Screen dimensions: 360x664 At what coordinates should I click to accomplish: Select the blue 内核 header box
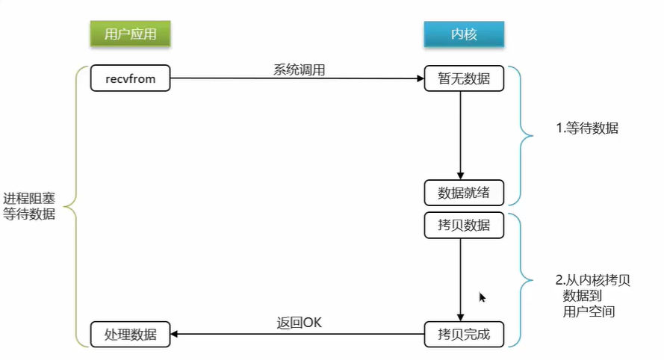pyautogui.click(x=464, y=34)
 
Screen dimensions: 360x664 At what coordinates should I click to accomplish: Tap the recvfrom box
pyautogui.click(x=130, y=78)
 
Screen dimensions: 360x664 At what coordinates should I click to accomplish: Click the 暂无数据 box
pyautogui.click(x=464, y=78)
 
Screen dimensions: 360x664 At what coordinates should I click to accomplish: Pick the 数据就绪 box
pyautogui.click(x=464, y=192)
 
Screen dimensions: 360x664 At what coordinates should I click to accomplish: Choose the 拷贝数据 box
pyautogui.click(x=464, y=225)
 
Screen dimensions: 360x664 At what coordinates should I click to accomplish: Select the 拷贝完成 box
pyautogui.click(x=464, y=334)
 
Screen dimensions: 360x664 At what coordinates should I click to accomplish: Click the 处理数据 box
pyautogui.click(x=130, y=334)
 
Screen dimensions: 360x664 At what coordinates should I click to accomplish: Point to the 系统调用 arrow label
pyautogui.click(x=299, y=69)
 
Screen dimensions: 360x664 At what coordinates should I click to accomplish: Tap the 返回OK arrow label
pyautogui.click(x=299, y=323)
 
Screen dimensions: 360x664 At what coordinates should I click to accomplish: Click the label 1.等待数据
pyautogui.click(x=587, y=128)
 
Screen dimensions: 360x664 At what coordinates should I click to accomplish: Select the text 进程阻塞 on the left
pyautogui.click(x=29, y=199)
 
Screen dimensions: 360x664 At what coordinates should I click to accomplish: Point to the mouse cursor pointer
pyautogui.click(x=483, y=297)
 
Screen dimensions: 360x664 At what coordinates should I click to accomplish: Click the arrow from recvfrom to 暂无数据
pyautogui.click(x=299, y=78)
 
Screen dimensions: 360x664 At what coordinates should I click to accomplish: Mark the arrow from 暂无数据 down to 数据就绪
pyautogui.click(x=459, y=134)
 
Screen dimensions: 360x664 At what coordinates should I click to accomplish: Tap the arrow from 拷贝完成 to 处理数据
pyautogui.click(x=299, y=334)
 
